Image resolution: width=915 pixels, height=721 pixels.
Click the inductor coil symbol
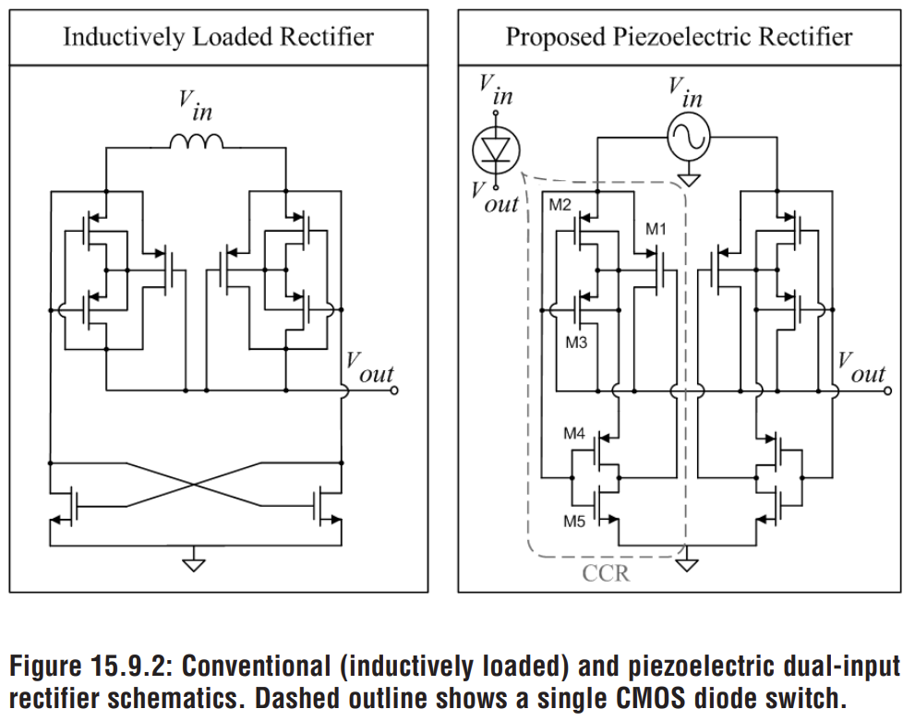click(x=196, y=142)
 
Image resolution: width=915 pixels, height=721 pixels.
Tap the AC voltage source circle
click(x=688, y=138)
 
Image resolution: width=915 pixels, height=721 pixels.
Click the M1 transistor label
click(x=656, y=229)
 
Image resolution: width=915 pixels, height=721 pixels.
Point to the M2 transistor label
click(x=560, y=205)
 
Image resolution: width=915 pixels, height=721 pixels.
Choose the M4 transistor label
click(x=575, y=432)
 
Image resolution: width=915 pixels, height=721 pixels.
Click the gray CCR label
click(x=606, y=573)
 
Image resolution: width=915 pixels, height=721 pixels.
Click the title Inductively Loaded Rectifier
click(x=218, y=37)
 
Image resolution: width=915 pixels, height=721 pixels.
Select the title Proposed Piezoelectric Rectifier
click(x=679, y=37)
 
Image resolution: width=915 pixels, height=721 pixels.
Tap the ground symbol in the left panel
click(x=193, y=560)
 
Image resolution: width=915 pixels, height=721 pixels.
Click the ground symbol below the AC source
click(x=688, y=177)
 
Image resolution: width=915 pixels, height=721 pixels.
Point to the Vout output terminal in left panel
click(x=395, y=391)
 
